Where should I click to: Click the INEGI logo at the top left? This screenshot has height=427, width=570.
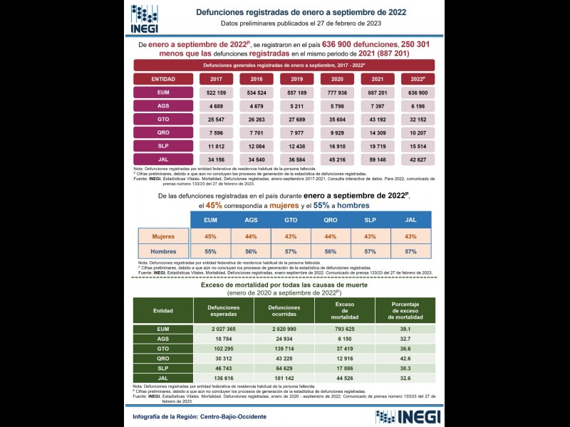click(145, 19)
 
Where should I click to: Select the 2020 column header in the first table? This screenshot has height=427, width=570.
click(338, 79)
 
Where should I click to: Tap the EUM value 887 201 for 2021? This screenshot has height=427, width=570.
click(378, 93)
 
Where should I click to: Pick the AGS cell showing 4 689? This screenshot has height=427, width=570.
click(216, 106)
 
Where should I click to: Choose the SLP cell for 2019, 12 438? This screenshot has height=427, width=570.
click(297, 145)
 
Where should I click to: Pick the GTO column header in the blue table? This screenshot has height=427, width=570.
click(291, 220)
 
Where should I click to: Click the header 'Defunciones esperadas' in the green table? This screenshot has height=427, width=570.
click(223, 311)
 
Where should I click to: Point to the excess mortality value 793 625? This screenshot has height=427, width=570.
click(345, 330)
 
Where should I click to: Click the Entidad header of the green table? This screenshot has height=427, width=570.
click(162, 311)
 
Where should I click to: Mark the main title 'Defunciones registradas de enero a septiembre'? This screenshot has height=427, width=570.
click(301, 12)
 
